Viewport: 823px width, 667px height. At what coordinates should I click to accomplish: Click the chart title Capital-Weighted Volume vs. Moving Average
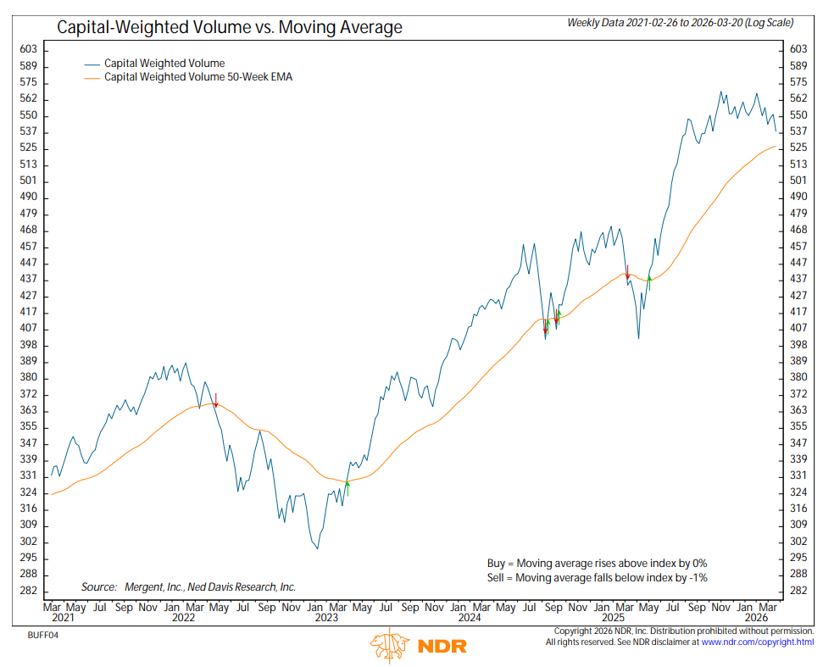(x=229, y=28)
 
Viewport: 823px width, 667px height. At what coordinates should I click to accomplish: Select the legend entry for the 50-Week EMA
(x=198, y=77)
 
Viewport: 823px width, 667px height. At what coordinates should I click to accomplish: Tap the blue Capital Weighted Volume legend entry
(x=164, y=63)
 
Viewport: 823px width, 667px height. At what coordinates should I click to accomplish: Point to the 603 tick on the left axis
(x=28, y=50)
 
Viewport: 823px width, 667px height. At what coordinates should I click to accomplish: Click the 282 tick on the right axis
(x=798, y=591)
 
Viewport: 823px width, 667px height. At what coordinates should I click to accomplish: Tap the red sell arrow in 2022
(x=216, y=401)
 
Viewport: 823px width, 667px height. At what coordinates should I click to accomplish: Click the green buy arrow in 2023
(x=348, y=486)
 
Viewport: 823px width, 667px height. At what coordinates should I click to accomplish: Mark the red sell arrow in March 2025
(x=627, y=273)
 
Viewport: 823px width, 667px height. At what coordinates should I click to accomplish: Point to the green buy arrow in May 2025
(x=648, y=282)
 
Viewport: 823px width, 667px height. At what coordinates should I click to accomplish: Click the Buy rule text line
(x=597, y=563)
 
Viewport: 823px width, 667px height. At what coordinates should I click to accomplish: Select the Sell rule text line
(x=597, y=577)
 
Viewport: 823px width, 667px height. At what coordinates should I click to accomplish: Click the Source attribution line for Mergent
(x=188, y=586)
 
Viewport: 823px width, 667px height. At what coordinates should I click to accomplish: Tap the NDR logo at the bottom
(x=410, y=647)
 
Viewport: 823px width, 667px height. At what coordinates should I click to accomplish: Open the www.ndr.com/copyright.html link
(x=757, y=643)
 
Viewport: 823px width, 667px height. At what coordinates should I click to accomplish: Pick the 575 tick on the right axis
(x=798, y=82)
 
